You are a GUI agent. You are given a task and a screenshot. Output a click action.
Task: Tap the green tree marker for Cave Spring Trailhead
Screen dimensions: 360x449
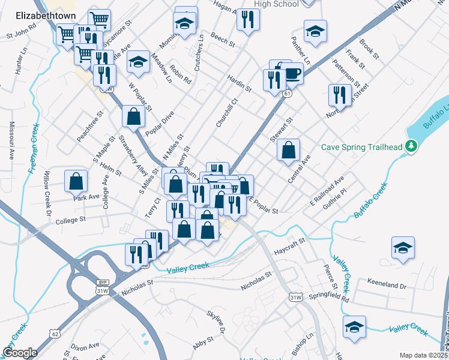[411, 146]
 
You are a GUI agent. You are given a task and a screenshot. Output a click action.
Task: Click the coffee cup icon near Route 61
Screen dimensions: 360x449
[292, 73]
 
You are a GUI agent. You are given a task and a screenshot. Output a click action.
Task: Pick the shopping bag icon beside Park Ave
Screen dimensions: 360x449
[76, 180]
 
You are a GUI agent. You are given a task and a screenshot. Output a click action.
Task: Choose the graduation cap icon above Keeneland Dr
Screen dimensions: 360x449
[402, 247]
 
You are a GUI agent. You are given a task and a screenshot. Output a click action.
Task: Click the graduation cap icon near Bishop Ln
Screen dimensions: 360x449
[354, 328]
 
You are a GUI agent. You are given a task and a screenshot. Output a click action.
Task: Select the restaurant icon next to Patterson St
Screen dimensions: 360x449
[340, 94]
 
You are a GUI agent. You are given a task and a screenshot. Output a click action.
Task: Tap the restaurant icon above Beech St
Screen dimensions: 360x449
[247, 19]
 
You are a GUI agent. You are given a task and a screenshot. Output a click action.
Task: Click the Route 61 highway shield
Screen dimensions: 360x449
[289, 94]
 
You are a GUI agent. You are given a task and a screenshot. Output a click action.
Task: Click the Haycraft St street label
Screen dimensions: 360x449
[290, 244]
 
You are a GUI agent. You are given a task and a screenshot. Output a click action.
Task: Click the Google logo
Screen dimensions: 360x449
[20, 353]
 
